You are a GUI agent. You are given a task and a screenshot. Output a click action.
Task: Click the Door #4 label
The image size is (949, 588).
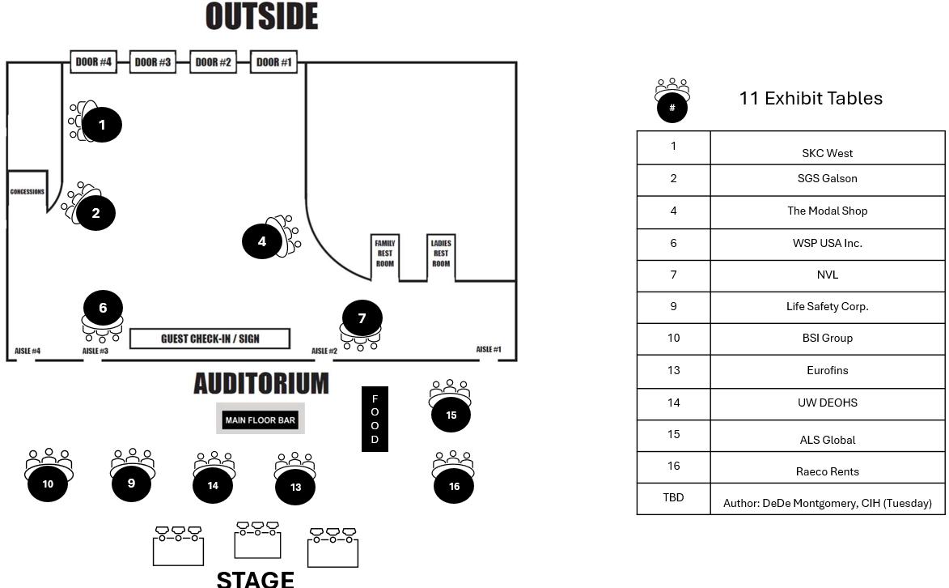click(94, 62)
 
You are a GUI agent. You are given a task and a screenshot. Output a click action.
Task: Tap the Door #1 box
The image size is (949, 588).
click(274, 62)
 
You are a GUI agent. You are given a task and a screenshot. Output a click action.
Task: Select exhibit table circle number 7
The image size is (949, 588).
click(362, 318)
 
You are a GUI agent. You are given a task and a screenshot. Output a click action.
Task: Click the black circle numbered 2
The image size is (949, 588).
click(95, 213)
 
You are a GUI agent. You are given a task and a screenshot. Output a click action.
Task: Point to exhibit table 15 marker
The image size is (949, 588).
click(451, 415)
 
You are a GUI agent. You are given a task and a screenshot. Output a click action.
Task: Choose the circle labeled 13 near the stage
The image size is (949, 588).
click(295, 487)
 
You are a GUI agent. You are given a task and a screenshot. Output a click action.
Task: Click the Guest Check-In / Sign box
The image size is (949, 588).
click(210, 339)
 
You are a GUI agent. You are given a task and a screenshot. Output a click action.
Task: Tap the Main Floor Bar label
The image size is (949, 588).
click(261, 420)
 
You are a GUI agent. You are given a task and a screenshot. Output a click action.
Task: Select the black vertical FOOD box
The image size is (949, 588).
click(375, 419)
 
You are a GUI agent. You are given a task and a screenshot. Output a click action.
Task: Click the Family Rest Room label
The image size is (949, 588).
click(385, 254)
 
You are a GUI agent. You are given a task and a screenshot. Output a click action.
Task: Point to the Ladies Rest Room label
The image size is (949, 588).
click(441, 254)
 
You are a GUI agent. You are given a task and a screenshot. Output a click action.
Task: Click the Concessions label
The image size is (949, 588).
click(28, 192)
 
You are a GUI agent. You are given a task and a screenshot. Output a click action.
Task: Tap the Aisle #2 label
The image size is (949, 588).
click(324, 351)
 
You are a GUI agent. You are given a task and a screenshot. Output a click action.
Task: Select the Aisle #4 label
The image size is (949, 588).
click(28, 351)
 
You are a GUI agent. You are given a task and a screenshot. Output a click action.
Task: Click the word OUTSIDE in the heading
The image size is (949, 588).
click(261, 16)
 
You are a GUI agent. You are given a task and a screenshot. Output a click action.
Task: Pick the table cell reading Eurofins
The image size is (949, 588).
click(827, 370)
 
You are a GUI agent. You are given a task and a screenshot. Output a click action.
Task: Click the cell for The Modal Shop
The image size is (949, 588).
click(827, 211)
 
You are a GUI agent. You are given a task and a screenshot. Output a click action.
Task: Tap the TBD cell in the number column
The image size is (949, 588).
click(673, 497)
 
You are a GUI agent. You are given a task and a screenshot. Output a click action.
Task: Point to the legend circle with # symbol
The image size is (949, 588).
click(672, 107)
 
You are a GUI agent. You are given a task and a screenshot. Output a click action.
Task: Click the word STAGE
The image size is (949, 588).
click(255, 578)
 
